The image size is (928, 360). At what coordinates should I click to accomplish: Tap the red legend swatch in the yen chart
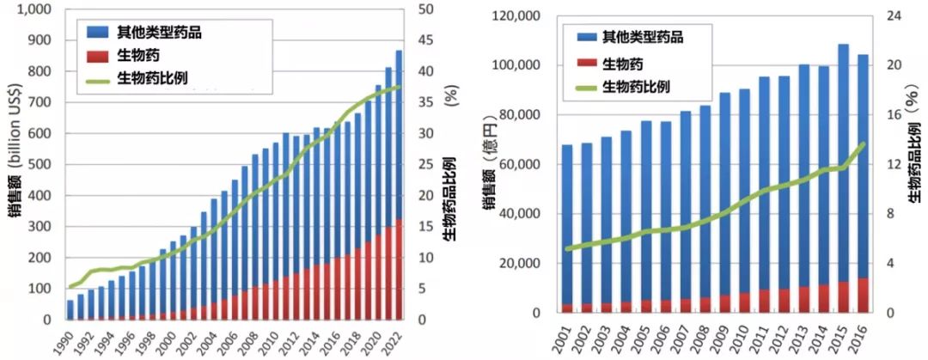586,62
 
